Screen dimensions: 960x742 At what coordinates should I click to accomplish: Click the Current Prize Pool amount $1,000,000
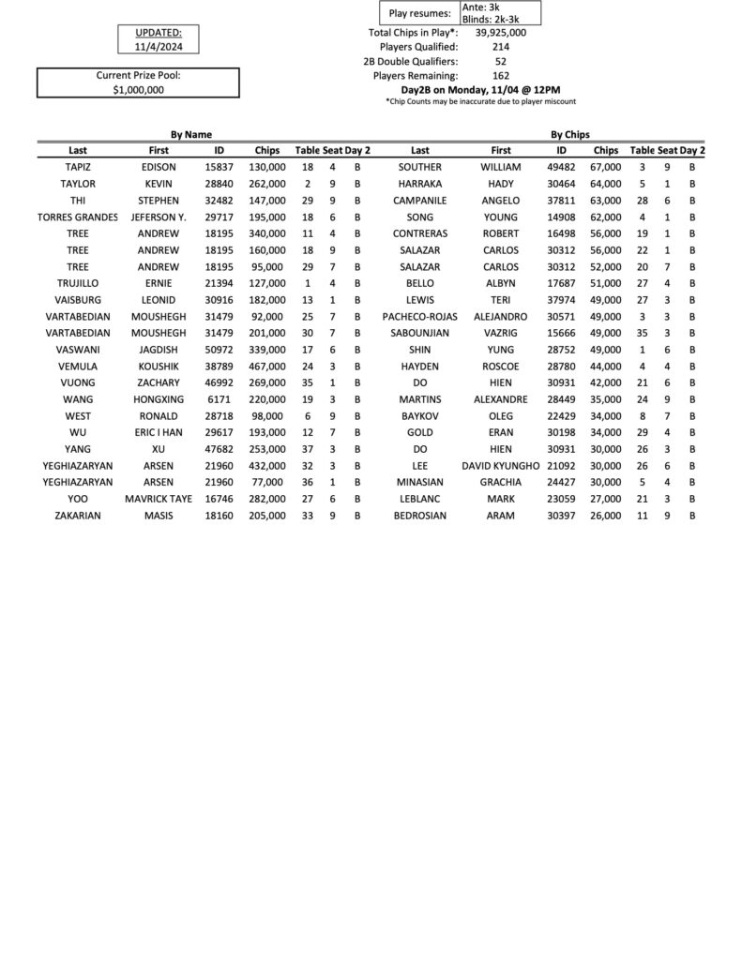pyautogui.click(x=138, y=90)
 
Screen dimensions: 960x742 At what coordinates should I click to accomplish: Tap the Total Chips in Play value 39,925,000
pyautogui.click(x=500, y=32)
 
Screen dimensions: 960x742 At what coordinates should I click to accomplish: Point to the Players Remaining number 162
pyautogui.click(x=500, y=75)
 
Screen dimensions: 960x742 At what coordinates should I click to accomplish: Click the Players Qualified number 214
pyautogui.click(x=500, y=46)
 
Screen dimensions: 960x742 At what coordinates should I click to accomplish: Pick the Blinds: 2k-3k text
pyautogui.click(x=490, y=19)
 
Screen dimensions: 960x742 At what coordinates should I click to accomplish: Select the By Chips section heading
pyautogui.click(x=569, y=135)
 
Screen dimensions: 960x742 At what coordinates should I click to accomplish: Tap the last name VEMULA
pyautogui.click(x=78, y=366)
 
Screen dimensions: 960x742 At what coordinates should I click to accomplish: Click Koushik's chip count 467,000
pyautogui.click(x=267, y=366)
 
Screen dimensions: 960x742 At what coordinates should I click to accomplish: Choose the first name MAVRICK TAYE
pyautogui.click(x=159, y=499)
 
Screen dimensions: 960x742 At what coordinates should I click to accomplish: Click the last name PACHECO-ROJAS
pyautogui.click(x=419, y=316)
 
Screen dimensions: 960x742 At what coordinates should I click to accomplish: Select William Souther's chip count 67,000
pyautogui.click(x=606, y=166)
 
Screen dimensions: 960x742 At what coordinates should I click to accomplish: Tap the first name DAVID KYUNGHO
pyautogui.click(x=501, y=465)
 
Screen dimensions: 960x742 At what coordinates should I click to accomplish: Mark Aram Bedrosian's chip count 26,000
pyautogui.click(x=606, y=516)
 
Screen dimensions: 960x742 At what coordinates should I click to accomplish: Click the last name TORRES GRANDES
pyautogui.click(x=78, y=217)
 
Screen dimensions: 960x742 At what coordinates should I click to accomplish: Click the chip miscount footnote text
pyautogui.click(x=480, y=101)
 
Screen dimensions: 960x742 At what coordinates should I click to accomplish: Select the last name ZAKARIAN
pyautogui.click(x=78, y=516)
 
